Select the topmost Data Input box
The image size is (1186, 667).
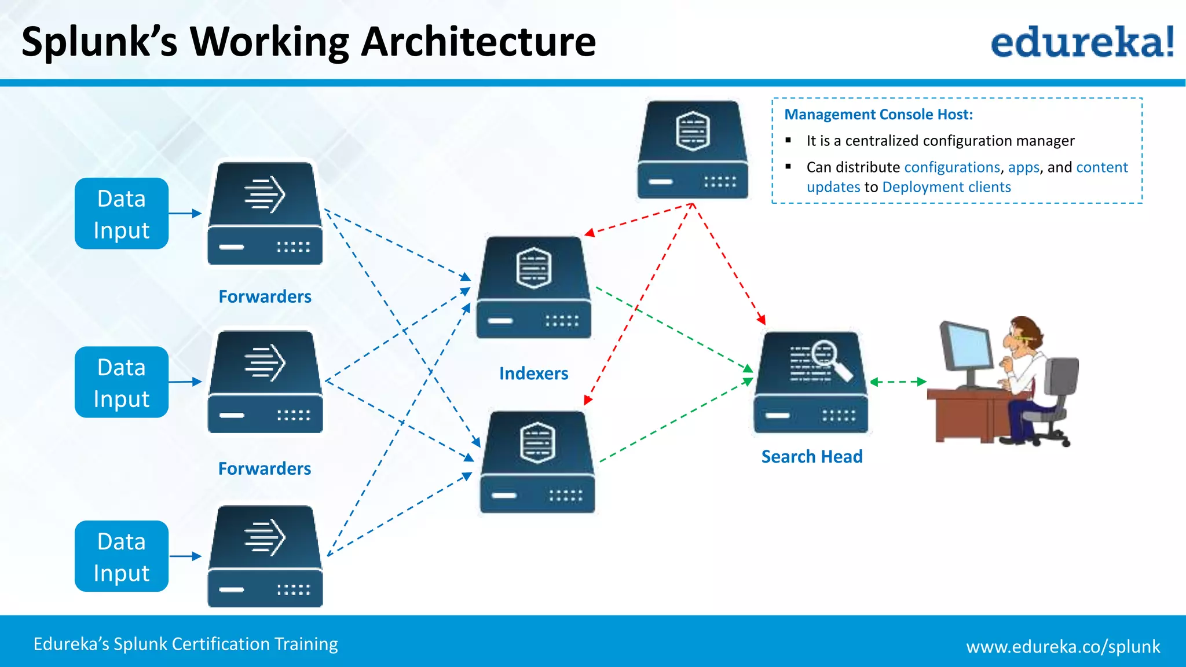[122, 214]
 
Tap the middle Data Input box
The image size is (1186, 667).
[122, 382]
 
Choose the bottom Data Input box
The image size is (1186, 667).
[122, 556]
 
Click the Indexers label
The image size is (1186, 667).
[533, 373]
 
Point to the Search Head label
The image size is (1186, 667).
[811, 457]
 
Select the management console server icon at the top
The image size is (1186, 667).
[693, 149]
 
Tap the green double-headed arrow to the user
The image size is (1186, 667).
[898, 382]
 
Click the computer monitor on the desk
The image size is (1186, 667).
[966, 350]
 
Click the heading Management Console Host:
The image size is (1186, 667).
[878, 115]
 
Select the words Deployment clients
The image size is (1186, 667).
[946, 187]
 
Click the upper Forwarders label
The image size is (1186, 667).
[265, 296]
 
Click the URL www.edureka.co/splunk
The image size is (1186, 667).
[1063, 646]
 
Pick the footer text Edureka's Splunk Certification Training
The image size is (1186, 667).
[185, 644]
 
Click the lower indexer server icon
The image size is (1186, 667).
[537, 462]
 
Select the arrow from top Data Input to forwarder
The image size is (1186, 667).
[185, 214]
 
